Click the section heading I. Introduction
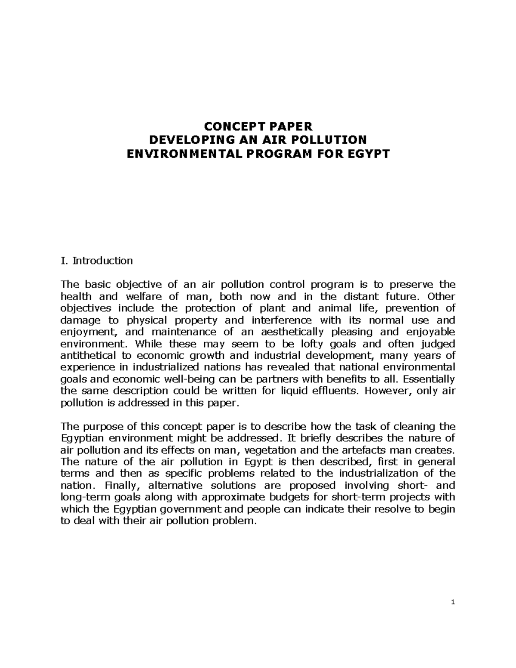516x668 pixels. pyautogui.click(x=97, y=261)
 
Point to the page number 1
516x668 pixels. pyautogui.click(x=453, y=602)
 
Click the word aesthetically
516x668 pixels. pyautogui.click(x=287, y=332)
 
